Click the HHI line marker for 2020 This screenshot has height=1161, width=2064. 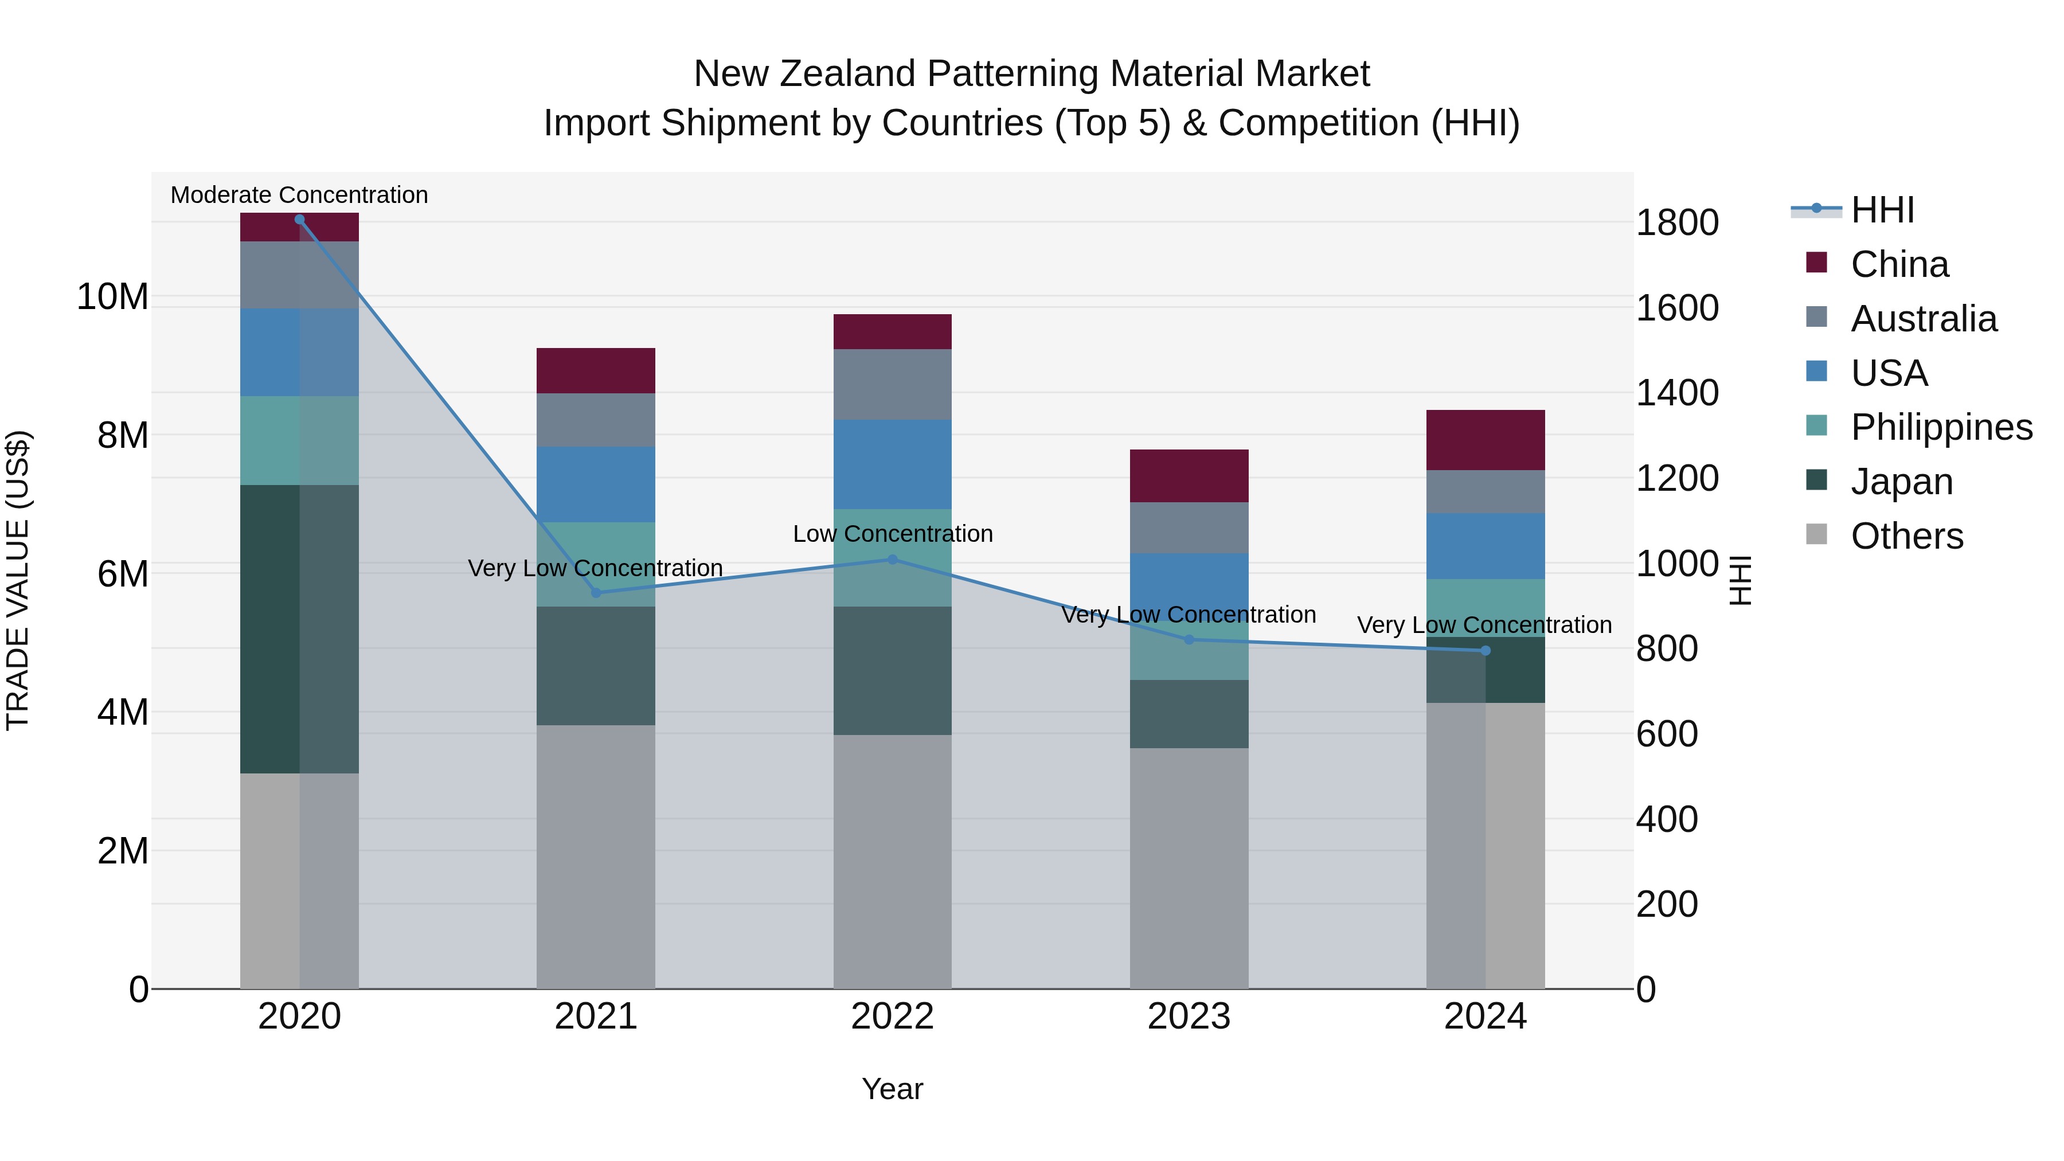coord(300,220)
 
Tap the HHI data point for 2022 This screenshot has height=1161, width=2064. coord(893,559)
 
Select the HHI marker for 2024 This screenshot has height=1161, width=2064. coord(1486,651)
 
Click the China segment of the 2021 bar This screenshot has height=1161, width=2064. coord(595,370)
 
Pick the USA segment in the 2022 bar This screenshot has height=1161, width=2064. coord(893,464)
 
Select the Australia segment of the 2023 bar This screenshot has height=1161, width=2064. coord(1189,527)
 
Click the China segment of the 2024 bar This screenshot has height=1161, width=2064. coord(1486,440)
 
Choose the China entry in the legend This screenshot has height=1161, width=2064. coord(1899,264)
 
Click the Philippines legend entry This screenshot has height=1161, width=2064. coord(1941,427)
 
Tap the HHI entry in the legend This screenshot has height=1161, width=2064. coord(1882,210)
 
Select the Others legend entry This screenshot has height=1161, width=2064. coord(1906,536)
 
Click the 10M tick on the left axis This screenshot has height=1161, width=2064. coord(112,297)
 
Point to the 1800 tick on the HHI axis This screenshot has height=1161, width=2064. coord(1677,223)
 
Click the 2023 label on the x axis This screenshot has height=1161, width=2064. coord(1189,1017)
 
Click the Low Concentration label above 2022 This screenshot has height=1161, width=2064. coord(893,534)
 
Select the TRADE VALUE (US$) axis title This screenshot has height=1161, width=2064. coord(18,580)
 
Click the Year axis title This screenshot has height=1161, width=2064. coord(893,1089)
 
